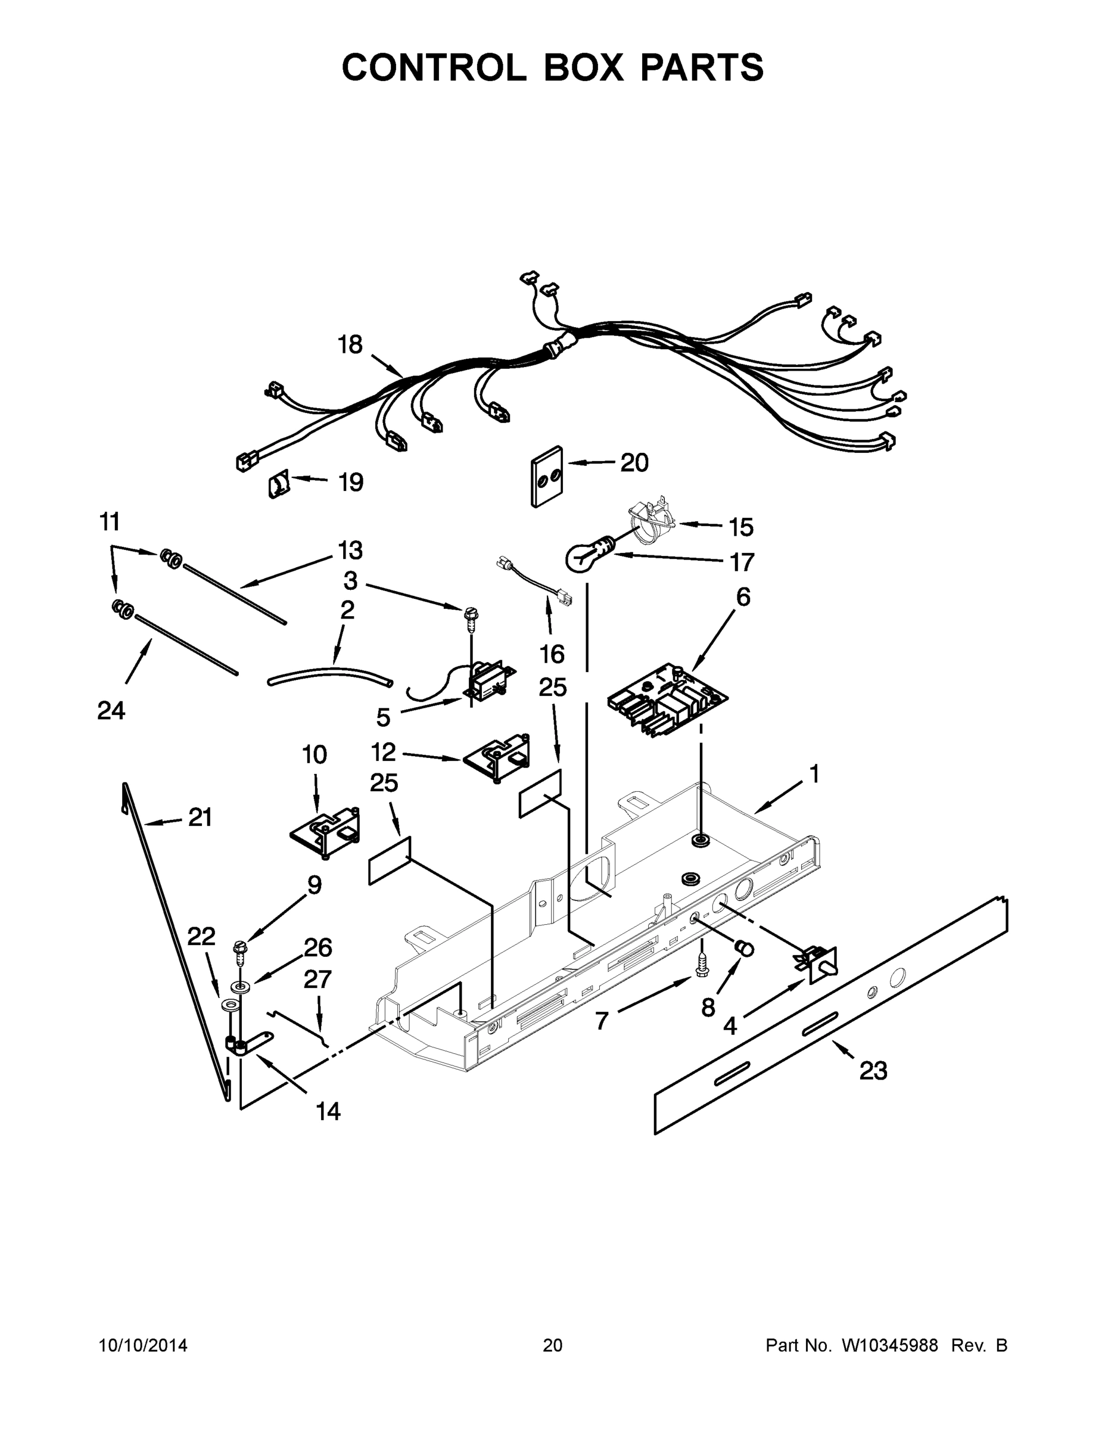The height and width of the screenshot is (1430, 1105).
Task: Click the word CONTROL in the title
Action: tap(433, 67)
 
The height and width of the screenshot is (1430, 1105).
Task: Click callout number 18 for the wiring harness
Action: tap(350, 344)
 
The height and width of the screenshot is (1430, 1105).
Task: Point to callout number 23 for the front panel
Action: tap(873, 1071)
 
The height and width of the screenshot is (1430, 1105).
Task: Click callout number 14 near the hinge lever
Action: tap(328, 1111)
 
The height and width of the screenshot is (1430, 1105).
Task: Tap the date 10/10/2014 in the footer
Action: tap(143, 1345)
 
